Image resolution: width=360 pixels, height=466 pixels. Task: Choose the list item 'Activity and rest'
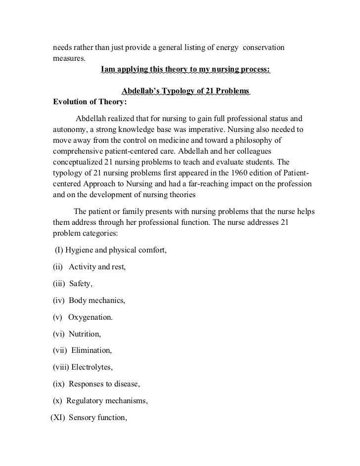tap(97, 267)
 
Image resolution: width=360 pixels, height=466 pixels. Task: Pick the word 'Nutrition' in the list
tap(85, 334)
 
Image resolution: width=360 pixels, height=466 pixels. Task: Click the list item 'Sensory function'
tap(98, 418)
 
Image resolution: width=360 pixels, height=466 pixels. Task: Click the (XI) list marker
tap(58, 418)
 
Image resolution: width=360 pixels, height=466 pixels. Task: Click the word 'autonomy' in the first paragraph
tap(69, 129)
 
